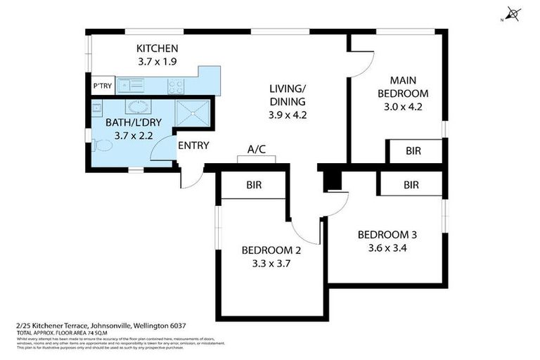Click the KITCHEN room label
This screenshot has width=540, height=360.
[157, 49]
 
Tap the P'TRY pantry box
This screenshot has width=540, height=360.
[102, 86]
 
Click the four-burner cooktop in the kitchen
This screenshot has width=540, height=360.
[176, 86]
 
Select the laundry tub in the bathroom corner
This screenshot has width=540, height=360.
[97, 108]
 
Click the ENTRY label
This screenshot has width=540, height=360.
[193, 146]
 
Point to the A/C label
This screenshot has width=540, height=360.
[256, 149]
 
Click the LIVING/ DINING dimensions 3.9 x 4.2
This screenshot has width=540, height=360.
[288, 115]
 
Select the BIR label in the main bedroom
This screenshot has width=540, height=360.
[414, 150]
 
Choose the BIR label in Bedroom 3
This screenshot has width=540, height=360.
[411, 185]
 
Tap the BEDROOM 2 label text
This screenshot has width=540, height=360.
[271, 250]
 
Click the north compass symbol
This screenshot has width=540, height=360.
[513, 14]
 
